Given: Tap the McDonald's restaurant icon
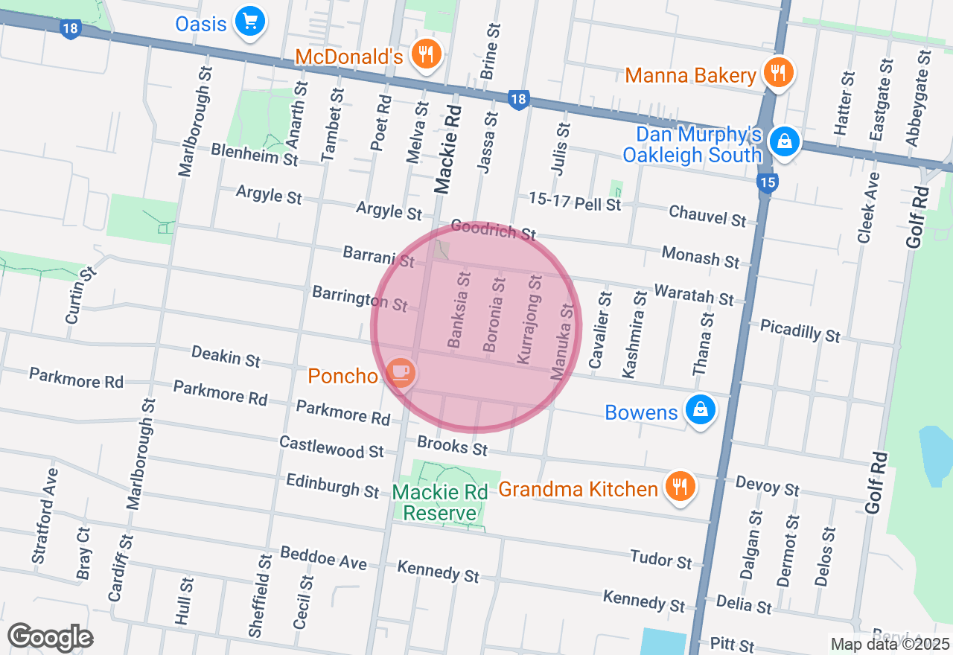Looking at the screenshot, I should click(x=426, y=55).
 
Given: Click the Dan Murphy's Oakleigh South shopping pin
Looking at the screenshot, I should click(x=784, y=141).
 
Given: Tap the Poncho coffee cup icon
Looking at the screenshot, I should click(x=401, y=372).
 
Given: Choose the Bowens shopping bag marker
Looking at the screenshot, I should click(x=701, y=409).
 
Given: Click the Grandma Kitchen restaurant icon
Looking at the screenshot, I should click(x=679, y=487).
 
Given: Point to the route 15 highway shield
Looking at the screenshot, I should click(x=767, y=182).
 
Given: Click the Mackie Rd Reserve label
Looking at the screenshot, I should click(x=440, y=502).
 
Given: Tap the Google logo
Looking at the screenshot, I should click(x=51, y=637).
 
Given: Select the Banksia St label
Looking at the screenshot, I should click(x=459, y=310).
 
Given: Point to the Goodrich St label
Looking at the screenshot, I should click(x=493, y=230).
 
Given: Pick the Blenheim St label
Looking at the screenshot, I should click(x=255, y=154).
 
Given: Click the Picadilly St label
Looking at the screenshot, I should click(x=800, y=330).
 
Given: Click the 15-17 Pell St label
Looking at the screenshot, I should click(x=574, y=201).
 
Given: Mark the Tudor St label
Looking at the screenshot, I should click(x=660, y=559).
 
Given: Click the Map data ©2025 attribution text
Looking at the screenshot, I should click(x=890, y=644).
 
